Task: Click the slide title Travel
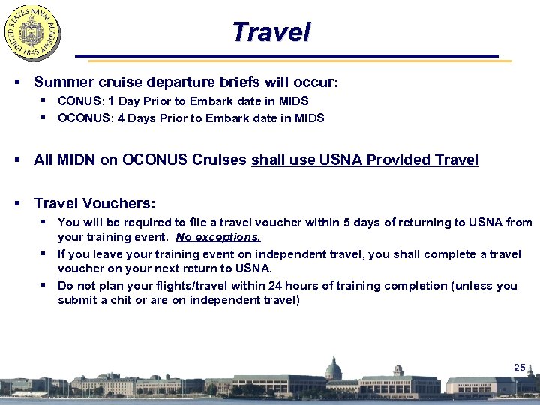270,32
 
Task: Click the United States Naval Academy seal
33,32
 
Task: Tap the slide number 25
520,367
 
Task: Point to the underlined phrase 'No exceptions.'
218,237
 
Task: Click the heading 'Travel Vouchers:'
94,203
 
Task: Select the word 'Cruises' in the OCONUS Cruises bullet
220,160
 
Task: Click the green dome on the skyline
334,367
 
